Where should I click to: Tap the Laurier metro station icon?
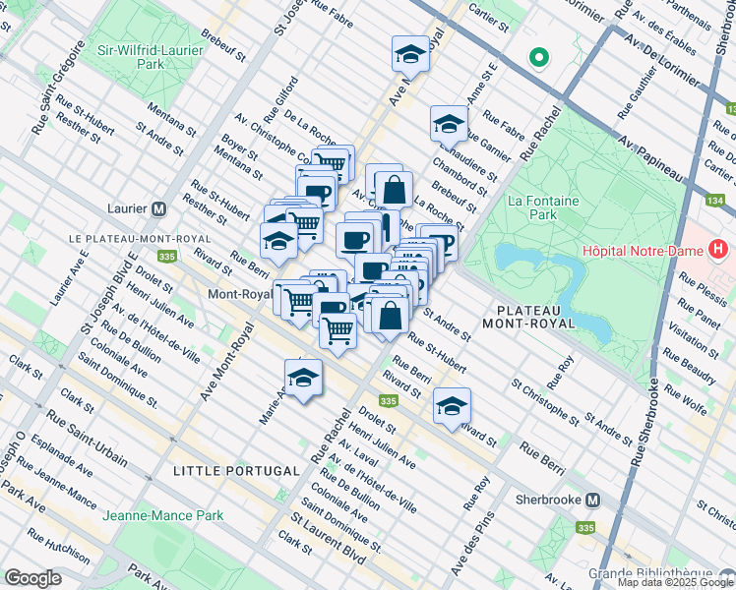[x=158, y=209]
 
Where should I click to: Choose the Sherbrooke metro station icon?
[x=592, y=499]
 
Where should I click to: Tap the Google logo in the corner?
[x=32, y=577]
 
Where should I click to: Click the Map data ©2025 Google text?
[x=675, y=582]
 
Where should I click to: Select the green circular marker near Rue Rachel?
[x=538, y=57]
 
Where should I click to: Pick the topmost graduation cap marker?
[x=410, y=53]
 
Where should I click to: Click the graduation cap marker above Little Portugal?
[x=304, y=379]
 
